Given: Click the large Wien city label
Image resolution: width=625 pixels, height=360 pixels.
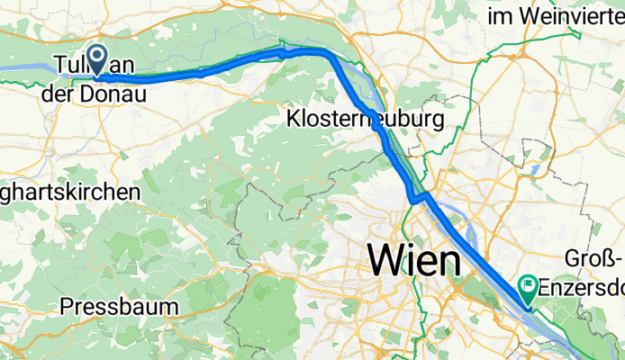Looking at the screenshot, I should tap(413, 261).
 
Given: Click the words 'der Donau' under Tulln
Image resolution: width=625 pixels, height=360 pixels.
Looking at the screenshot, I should tap(94, 92).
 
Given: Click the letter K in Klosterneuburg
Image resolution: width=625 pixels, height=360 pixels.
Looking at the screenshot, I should tap(293, 119).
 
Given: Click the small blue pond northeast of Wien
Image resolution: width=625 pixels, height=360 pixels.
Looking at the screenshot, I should tap(537, 168).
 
